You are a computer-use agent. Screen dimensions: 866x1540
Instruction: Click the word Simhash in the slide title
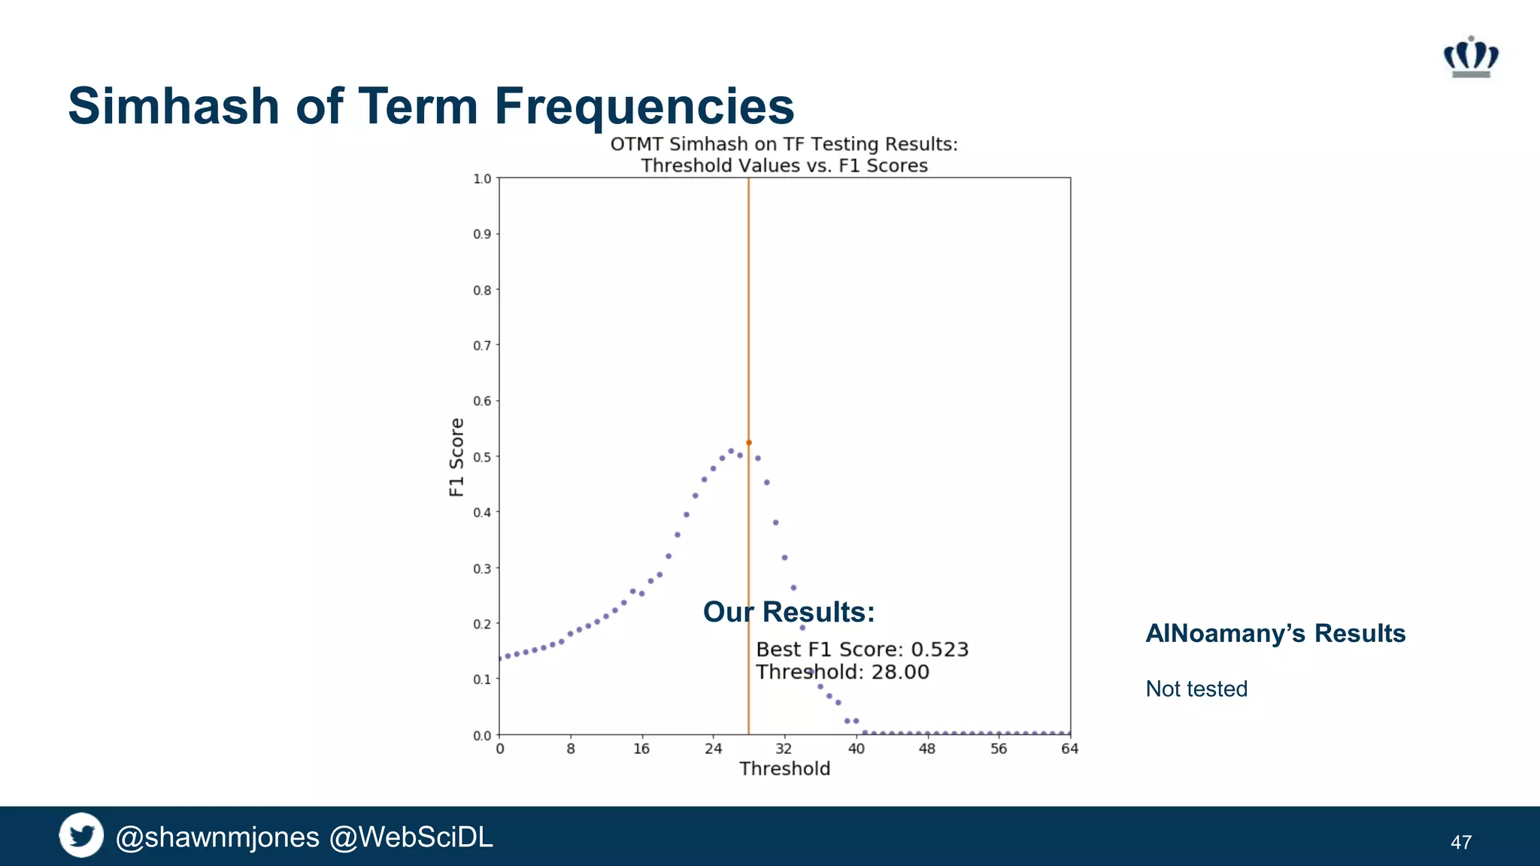174,106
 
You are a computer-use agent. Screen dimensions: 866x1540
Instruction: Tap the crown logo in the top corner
1471,57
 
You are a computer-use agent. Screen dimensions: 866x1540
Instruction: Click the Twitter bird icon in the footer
81,835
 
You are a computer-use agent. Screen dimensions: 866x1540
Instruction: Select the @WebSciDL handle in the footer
411,837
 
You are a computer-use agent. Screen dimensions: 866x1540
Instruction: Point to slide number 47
1460,843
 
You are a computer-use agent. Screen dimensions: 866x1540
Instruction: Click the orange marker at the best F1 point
748,443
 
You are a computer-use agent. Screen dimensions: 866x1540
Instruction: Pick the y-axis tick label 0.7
481,346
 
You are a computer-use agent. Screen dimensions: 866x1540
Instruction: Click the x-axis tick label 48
927,749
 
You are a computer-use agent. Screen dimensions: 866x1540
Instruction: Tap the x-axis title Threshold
784,769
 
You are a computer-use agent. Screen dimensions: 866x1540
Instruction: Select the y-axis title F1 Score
456,457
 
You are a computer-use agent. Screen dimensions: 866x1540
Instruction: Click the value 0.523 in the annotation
939,649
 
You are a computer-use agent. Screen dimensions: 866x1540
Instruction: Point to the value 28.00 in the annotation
900,672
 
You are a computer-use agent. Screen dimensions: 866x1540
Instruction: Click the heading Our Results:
789,612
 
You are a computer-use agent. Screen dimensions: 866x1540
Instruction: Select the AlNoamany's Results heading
1275,634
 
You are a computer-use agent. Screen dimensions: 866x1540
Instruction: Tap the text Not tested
1196,689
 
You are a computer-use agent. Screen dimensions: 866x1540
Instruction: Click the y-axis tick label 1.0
481,179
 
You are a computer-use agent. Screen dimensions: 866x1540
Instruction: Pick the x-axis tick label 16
641,749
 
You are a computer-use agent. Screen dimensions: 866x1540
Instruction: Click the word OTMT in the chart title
636,144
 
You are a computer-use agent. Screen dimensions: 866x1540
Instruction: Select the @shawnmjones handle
217,837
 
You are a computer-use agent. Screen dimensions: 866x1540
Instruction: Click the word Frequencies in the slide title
644,106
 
